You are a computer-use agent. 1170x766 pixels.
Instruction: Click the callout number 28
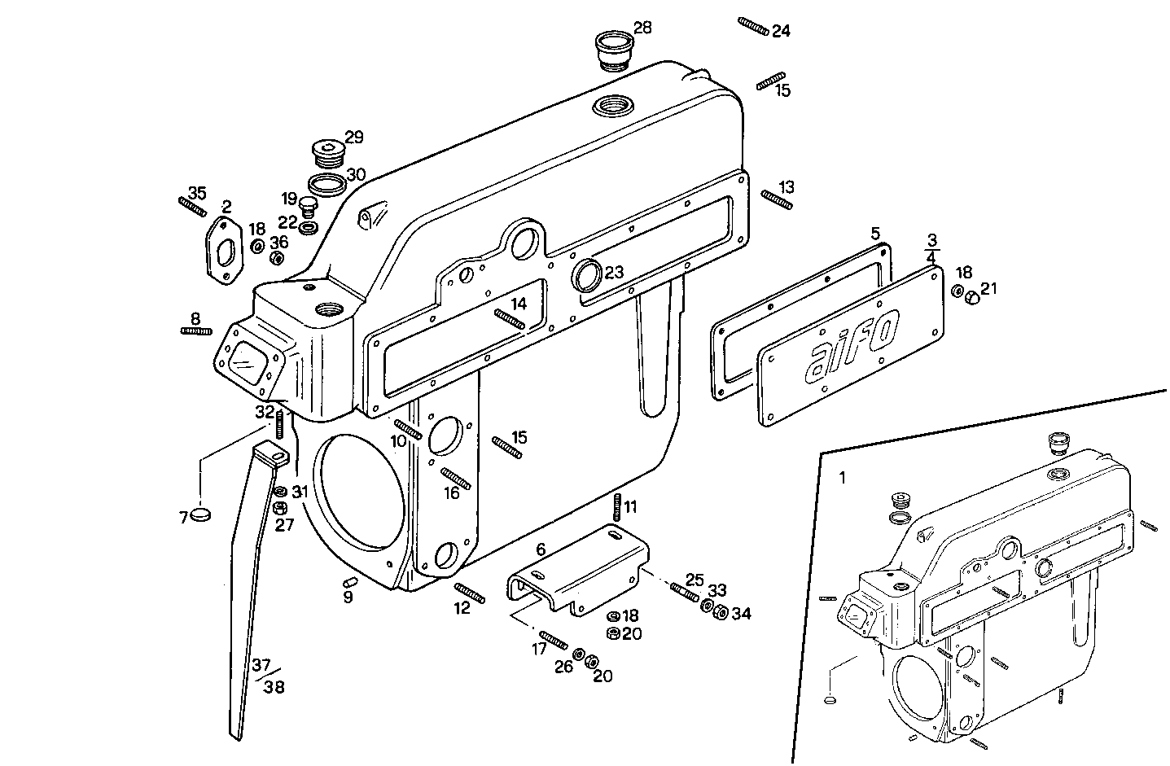click(x=642, y=28)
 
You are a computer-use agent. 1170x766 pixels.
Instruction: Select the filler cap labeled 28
click(x=614, y=50)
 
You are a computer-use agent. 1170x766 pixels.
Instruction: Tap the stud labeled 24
click(x=753, y=27)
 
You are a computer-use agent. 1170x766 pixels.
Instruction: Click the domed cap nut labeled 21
click(x=971, y=299)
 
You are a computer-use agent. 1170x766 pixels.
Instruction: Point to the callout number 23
click(x=614, y=272)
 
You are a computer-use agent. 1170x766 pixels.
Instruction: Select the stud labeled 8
click(x=195, y=330)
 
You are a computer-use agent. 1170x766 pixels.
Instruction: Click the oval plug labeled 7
click(x=200, y=514)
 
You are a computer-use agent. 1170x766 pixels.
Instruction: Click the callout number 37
click(x=261, y=664)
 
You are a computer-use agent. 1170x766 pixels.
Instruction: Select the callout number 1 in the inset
click(x=842, y=478)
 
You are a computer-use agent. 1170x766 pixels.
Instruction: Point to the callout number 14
click(x=519, y=304)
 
